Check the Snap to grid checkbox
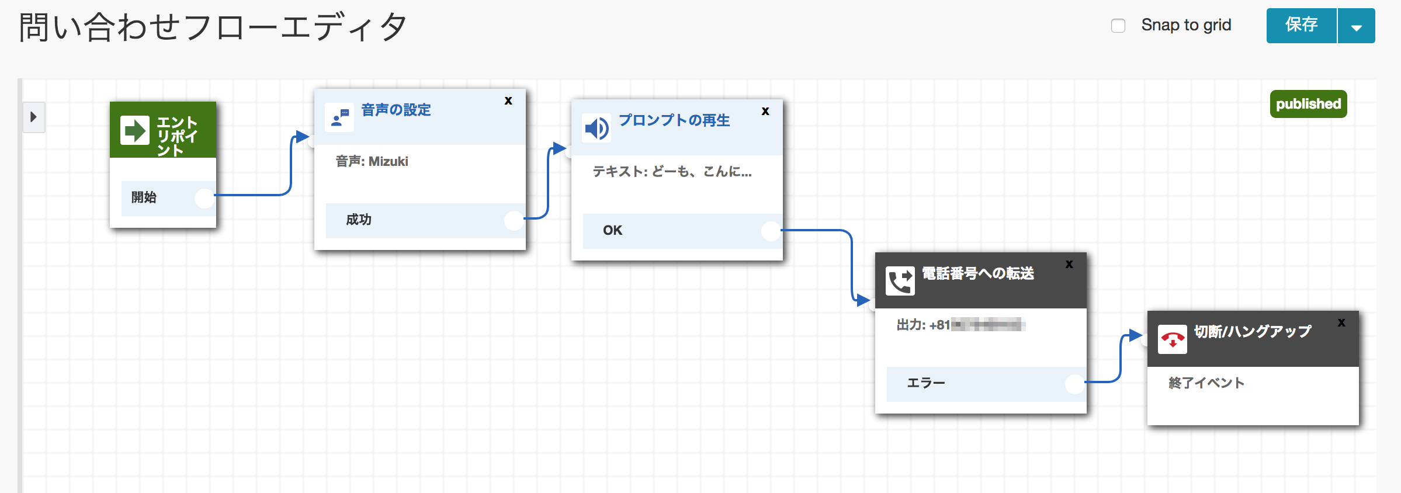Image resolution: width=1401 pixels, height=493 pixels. click(x=1118, y=26)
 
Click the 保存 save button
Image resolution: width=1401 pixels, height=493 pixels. click(x=1301, y=26)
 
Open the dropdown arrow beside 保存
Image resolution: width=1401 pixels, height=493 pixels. click(x=1356, y=27)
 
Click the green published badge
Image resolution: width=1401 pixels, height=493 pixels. click(x=1308, y=104)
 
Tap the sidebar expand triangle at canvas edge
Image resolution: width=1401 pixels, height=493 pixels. click(x=33, y=117)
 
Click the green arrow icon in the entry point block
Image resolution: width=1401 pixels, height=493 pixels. click(x=135, y=130)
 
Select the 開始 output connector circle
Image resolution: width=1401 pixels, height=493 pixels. click(x=204, y=198)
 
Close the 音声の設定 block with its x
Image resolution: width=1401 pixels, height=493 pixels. click(x=508, y=100)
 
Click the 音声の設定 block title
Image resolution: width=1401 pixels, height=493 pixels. click(x=396, y=110)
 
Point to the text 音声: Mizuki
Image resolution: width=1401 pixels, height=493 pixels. click(x=372, y=161)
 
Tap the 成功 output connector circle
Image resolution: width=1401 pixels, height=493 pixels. click(x=514, y=220)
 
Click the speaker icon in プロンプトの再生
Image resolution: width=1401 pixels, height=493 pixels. click(x=597, y=128)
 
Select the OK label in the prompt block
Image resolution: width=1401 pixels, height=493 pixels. click(x=612, y=231)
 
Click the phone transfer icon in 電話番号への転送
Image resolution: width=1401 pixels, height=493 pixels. click(x=900, y=281)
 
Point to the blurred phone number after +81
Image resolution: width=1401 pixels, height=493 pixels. click(x=987, y=325)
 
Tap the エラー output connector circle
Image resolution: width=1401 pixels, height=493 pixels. click(x=1074, y=384)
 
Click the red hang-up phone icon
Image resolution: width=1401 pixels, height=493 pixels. click(x=1172, y=339)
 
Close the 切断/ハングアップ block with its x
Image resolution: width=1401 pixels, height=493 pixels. click(x=1341, y=322)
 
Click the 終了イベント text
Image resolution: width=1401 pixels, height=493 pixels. click(x=1206, y=383)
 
